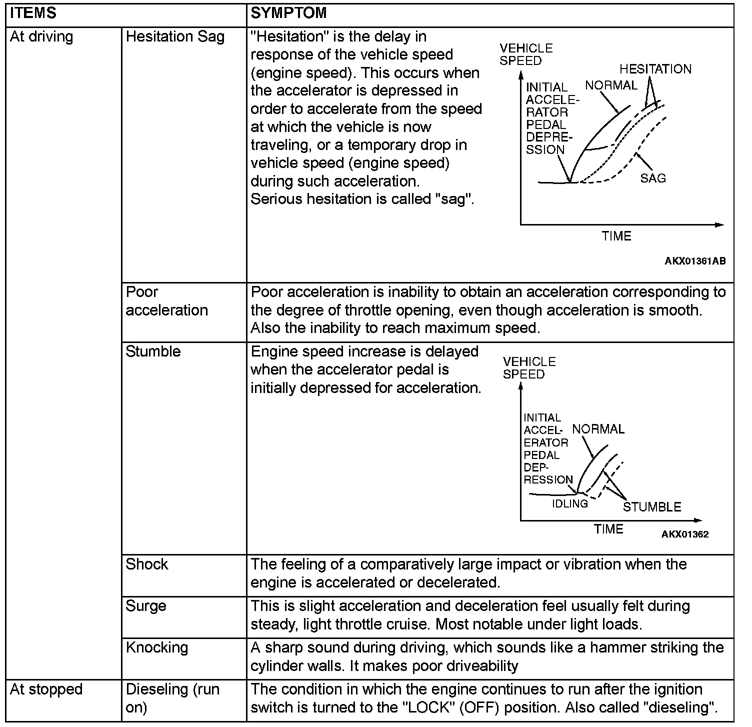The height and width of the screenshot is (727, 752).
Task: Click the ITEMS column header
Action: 33,13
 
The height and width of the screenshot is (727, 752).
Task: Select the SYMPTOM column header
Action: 288,13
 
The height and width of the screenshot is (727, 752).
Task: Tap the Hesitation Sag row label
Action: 175,36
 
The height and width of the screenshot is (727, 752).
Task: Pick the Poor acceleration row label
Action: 166,301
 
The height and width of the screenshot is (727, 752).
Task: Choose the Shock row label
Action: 147,564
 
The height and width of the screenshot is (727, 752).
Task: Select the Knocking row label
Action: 157,647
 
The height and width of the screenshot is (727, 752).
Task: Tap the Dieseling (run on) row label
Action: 172,698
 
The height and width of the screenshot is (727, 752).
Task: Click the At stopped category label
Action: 46,689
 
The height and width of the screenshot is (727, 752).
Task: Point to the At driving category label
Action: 41,36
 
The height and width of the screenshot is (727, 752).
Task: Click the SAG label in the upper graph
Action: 653,178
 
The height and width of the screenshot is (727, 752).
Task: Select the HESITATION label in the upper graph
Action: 655,69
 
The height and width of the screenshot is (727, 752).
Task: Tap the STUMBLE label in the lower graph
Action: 652,507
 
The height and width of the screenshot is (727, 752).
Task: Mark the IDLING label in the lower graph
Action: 570,503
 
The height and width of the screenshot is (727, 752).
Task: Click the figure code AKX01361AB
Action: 695,261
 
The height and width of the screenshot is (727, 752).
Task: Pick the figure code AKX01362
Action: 685,534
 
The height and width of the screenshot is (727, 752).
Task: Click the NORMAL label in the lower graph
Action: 598,429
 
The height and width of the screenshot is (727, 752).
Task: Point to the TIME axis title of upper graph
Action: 616,236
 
